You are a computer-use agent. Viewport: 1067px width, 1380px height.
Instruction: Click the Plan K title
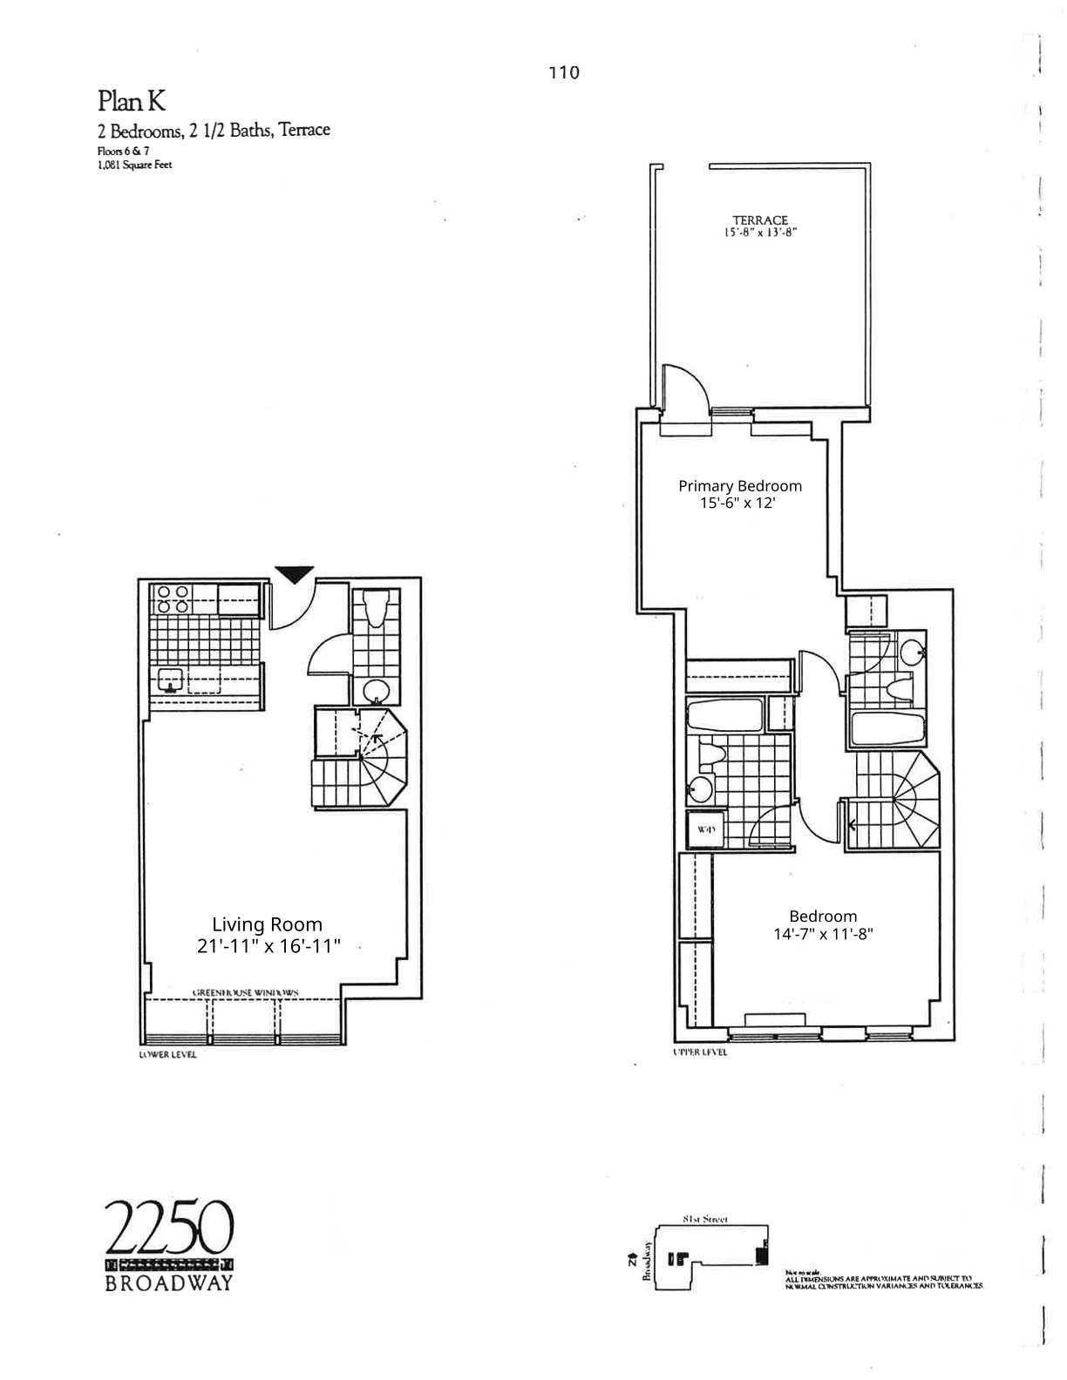click(x=132, y=102)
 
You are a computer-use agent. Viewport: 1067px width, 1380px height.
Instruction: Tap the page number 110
click(x=564, y=73)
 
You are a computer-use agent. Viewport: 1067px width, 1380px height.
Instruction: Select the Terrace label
click(x=760, y=220)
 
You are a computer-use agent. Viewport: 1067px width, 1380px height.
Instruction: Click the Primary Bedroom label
click(x=740, y=486)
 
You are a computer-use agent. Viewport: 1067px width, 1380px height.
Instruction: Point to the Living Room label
click(x=267, y=924)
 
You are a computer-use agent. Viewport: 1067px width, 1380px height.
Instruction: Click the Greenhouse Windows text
click(x=246, y=992)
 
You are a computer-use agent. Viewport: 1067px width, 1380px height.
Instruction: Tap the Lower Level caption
click(x=167, y=1055)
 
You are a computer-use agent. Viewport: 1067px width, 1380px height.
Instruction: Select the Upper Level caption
click(x=700, y=1052)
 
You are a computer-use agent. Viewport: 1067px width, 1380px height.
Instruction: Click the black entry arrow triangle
click(x=294, y=574)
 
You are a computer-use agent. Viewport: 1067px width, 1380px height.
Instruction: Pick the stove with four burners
click(x=173, y=600)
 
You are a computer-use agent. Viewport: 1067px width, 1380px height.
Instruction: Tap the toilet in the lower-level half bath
click(x=376, y=608)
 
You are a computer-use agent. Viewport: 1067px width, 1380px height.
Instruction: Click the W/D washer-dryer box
click(x=705, y=829)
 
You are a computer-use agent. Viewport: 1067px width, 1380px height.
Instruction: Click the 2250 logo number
click(x=170, y=1228)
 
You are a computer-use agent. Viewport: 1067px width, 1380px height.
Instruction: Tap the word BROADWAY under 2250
click(x=170, y=1284)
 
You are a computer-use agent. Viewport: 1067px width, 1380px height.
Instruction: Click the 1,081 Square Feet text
click(x=134, y=164)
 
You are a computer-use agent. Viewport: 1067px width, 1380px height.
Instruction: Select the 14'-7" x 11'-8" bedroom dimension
click(x=823, y=934)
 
